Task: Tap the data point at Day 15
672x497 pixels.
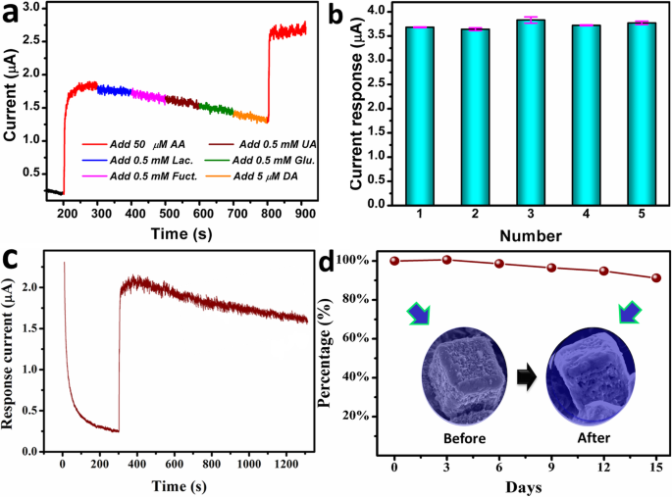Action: [x=655, y=277]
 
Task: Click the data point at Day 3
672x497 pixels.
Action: [x=446, y=260]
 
